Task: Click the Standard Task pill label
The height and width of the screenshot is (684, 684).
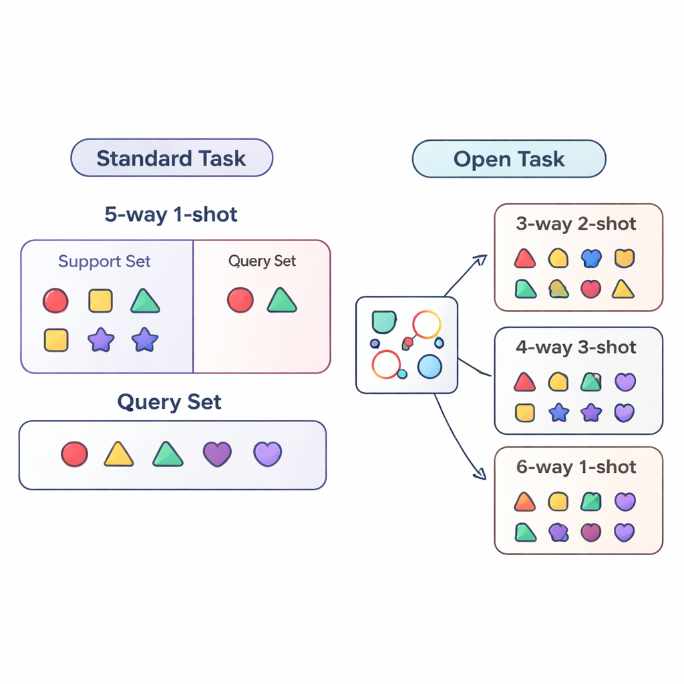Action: (171, 158)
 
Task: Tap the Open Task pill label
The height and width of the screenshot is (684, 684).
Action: (509, 160)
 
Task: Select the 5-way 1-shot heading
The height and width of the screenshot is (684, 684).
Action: (171, 214)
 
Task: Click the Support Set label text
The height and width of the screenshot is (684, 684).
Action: (104, 261)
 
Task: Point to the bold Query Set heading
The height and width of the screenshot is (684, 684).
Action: (169, 402)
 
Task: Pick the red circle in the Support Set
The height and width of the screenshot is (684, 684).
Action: (55, 301)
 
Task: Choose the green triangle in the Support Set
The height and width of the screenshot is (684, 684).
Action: (145, 301)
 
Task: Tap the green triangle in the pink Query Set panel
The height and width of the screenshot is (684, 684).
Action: (282, 301)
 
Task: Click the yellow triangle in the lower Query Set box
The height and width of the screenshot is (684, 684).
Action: (118, 454)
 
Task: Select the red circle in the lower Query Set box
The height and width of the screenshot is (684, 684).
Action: (74, 454)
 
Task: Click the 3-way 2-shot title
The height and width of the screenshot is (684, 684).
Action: (576, 224)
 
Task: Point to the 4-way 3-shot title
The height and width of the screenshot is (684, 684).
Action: (576, 347)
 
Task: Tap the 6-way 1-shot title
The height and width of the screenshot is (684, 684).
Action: (576, 467)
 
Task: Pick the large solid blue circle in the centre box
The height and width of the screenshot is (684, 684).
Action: (430, 367)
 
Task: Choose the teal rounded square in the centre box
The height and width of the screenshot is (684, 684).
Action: (383, 321)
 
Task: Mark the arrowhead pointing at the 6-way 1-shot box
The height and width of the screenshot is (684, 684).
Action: (479, 475)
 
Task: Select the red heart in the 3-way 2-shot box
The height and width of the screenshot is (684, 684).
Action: (590, 289)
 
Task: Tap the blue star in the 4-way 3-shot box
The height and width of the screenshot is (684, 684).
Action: (558, 413)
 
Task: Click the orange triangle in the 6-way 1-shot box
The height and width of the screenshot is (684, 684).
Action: (525, 501)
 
